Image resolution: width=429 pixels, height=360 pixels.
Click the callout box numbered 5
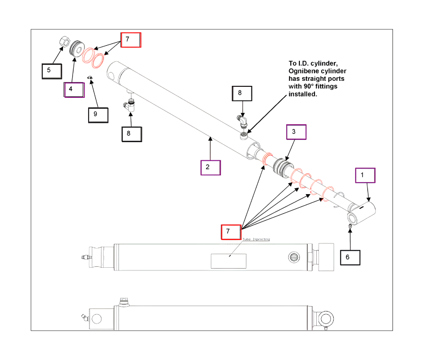click(52, 71)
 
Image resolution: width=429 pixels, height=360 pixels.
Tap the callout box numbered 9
click(98, 114)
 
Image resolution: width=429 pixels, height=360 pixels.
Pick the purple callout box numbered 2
click(210, 167)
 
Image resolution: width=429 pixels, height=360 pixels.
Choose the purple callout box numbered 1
click(365, 175)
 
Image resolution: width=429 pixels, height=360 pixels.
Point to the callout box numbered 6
click(350, 257)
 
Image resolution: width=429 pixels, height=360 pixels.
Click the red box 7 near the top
click(131, 40)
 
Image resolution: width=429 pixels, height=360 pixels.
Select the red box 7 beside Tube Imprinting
click(231, 232)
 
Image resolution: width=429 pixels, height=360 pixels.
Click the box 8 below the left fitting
click(131, 133)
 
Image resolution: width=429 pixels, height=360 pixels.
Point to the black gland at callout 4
click(76, 48)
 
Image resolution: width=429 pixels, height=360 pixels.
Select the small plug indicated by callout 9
click(90, 78)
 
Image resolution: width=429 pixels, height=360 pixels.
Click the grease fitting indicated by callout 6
click(350, 225)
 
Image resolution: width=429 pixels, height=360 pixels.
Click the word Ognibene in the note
click(303, 71)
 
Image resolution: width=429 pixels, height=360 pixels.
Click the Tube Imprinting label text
click(256, 239)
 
